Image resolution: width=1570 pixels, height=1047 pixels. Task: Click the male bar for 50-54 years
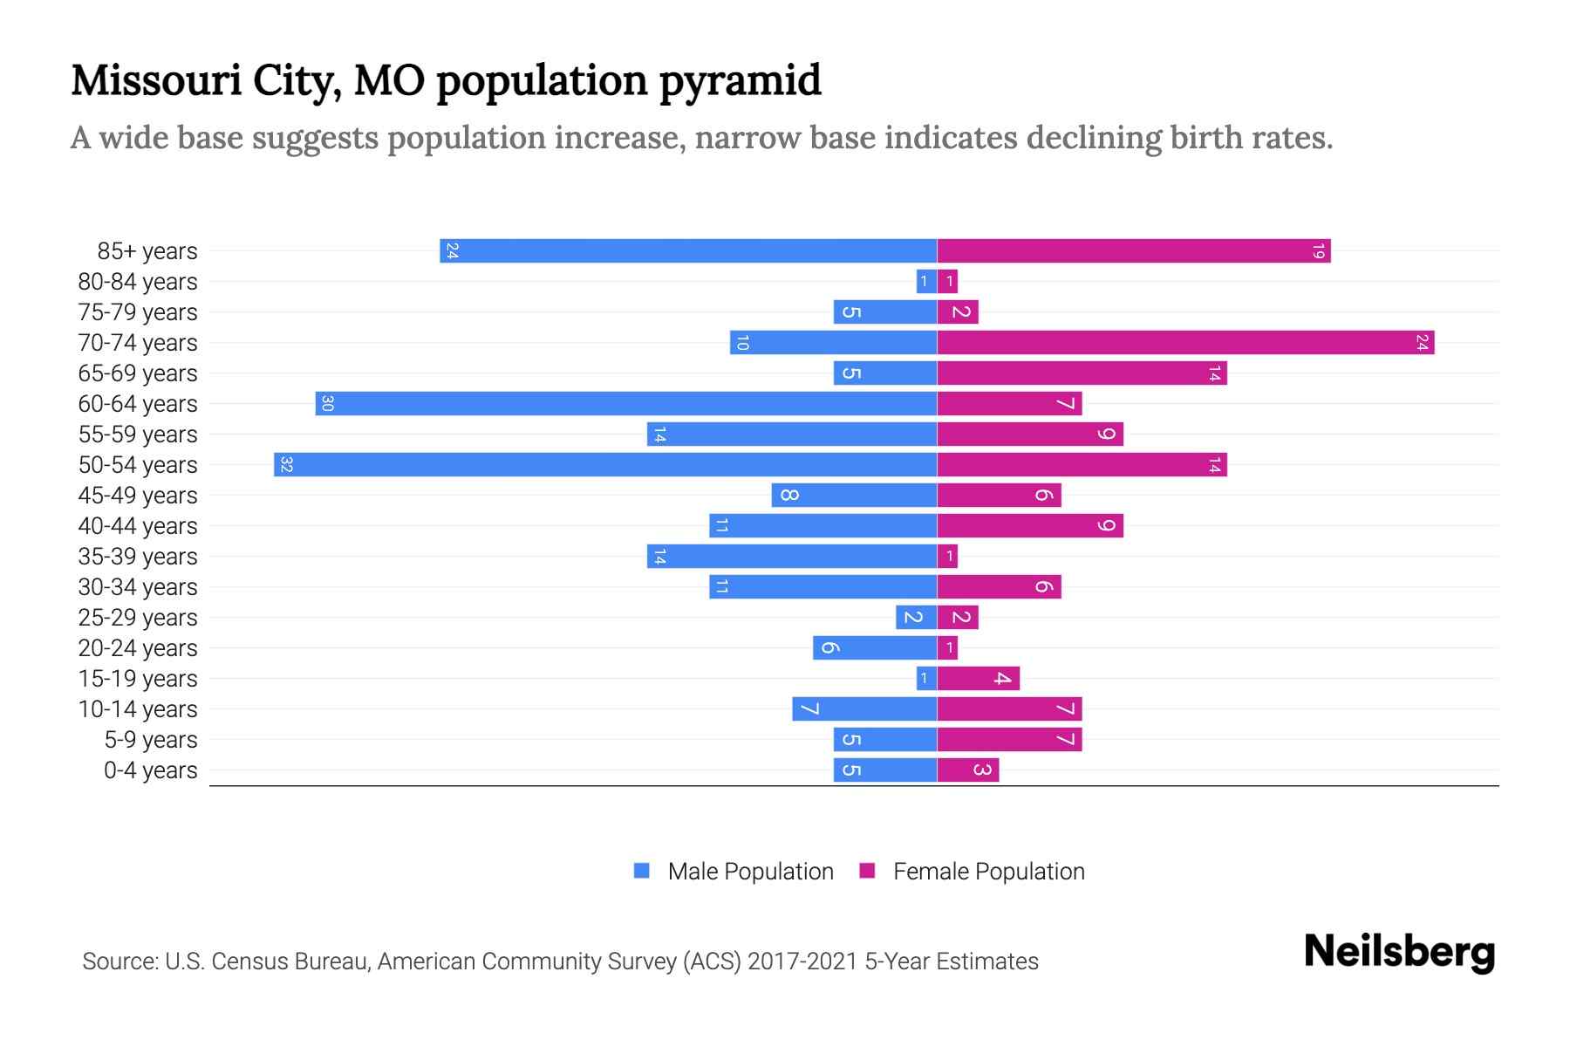605,464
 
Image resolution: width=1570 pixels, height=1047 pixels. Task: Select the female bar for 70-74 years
1185,342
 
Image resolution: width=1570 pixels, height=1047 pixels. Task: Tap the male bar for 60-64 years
626,403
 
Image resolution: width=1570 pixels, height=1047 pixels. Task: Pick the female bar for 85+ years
1134,250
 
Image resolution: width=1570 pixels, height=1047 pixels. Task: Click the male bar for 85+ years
688,250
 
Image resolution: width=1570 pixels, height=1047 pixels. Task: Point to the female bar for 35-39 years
947,556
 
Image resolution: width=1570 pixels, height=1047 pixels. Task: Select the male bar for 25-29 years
916,617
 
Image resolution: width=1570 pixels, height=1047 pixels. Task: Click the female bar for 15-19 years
978,678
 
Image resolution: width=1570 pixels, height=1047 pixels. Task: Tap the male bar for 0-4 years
884,770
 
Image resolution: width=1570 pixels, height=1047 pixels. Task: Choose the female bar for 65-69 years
1082,373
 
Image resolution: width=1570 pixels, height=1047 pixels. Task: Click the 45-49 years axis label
138,496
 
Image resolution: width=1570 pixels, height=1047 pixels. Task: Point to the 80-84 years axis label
138,282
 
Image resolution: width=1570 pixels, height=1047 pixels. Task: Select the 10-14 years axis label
138,709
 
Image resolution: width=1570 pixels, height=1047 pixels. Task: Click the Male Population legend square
642,871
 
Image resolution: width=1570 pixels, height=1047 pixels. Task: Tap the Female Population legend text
988,872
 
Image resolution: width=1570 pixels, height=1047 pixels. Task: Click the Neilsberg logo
1399,952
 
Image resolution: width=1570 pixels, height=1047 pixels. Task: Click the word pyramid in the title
740,80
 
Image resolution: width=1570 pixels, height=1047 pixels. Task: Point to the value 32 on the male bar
286,464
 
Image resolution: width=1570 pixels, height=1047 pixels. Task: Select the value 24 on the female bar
1422,342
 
